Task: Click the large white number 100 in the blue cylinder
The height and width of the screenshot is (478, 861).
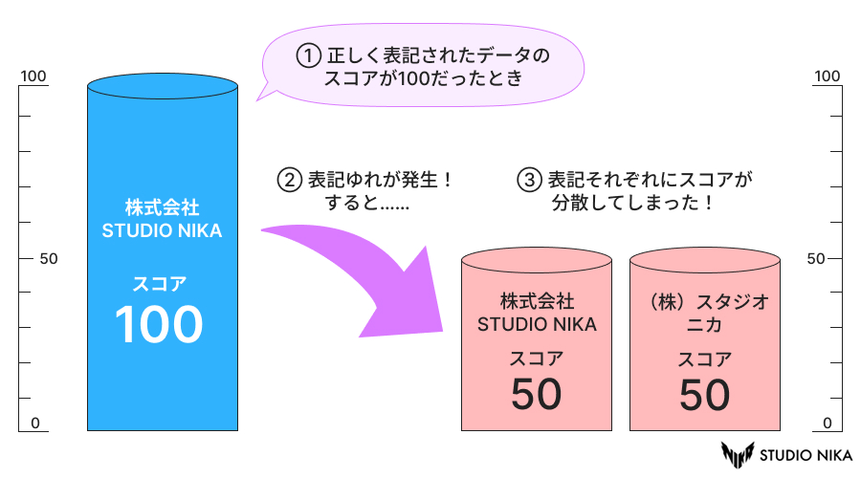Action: tap(160, 324)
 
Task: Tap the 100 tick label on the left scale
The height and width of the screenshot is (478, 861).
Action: tap(33, 76)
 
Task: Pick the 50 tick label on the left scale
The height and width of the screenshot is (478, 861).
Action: tap(49, 259)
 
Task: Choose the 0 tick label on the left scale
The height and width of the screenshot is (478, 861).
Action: tap(34, 423)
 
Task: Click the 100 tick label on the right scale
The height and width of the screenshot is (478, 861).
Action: tap(827, 76)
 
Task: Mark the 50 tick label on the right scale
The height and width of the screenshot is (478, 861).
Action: tap(816, 259)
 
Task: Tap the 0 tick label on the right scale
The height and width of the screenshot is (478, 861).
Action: tap(828, 423)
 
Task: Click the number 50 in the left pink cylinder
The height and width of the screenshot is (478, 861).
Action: tap(536, 394)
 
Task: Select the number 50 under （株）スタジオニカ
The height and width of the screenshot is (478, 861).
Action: tap(705, 394)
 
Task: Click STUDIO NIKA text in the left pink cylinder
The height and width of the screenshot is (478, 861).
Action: tap(537, 323)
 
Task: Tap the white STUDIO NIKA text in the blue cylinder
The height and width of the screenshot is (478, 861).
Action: tap(161, 230)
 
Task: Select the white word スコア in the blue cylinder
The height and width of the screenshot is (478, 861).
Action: tap(160, 283)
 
